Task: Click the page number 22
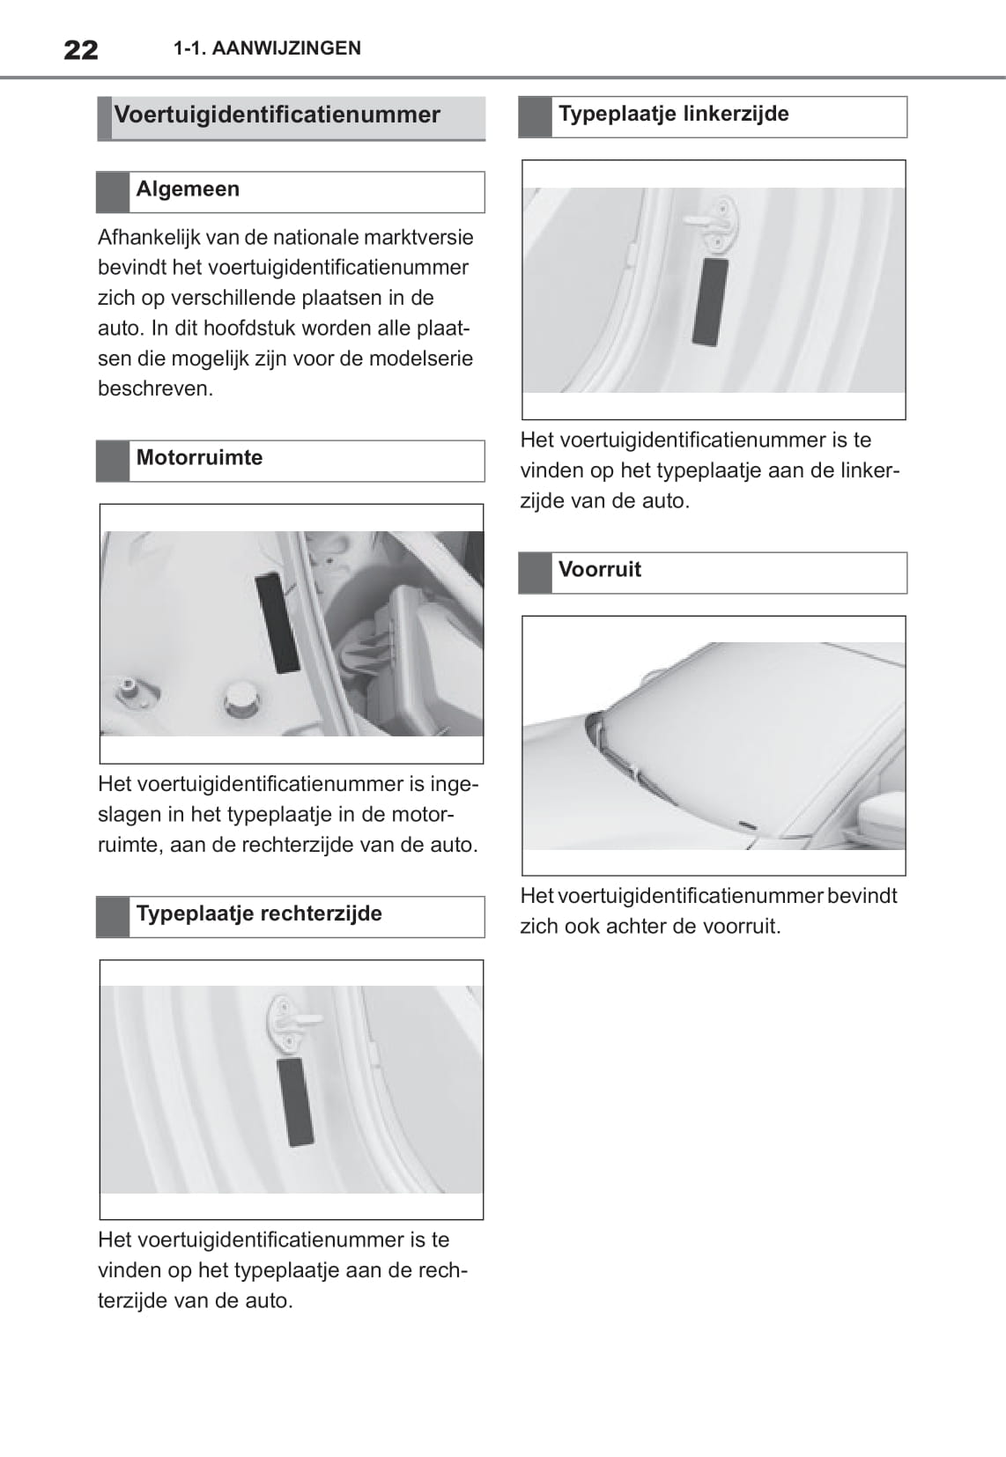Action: coord(81,48)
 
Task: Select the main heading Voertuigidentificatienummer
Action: coord(277,115)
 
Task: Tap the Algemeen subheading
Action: coord(188,189)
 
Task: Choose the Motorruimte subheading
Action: coord(199,458)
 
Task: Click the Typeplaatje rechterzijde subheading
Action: coord(259,913)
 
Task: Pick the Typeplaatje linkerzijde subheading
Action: coord(673,115)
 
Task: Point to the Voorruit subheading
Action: coord(599,570)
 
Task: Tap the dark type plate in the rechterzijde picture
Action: coord(294,1101)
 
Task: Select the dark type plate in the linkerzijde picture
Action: coord(710,301)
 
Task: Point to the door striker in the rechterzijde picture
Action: coord(291,1022)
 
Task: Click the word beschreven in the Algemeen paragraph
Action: coord(155,389)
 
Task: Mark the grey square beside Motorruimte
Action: coord(113,461)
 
